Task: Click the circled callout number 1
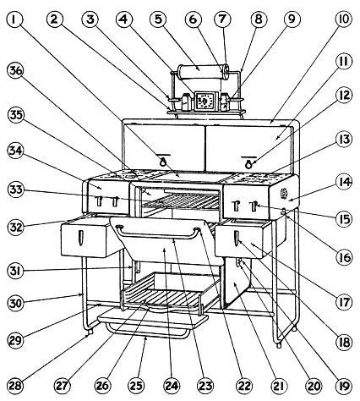(14, 19)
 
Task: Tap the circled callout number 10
(344, 19)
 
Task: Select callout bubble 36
(15, 71)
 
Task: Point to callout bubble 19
(344, 386)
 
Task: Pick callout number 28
(15, 386)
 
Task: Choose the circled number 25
(136, 386)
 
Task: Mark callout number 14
(344, 182)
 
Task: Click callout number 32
(15, 227)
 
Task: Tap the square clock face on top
(204, 101)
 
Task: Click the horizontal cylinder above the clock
(203, 72)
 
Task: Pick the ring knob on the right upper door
(248, 162)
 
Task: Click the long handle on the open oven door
(158, 235)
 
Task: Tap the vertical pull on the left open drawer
(81, 238)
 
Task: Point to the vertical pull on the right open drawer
(237, 239)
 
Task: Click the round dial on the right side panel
(284, 194)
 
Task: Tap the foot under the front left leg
(90, 332)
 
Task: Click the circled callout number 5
(159, 19)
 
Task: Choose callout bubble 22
(244, 386)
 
